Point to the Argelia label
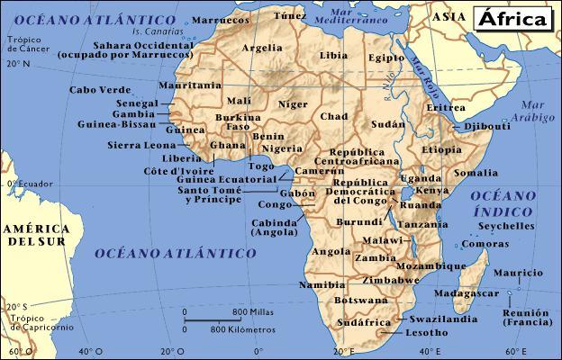(262, 48)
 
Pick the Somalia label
(476, 172)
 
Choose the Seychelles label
(506, 226)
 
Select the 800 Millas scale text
(253, 311)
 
